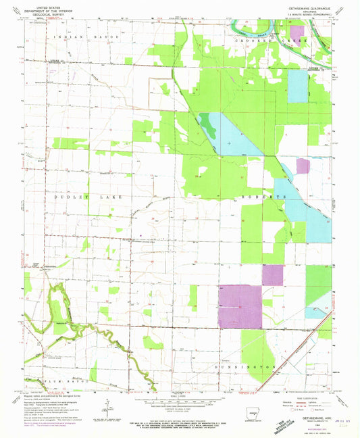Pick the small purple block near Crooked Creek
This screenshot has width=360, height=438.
tap(296, 30)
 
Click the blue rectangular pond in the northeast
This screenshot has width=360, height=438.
tap(297, 86)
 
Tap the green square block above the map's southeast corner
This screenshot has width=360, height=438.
tap(318, 278)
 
